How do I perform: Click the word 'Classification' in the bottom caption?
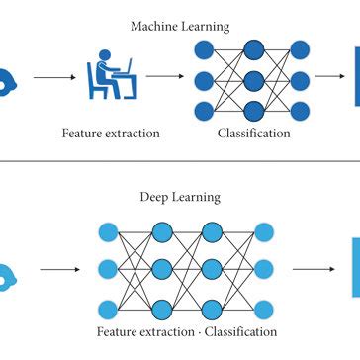click(236, 331)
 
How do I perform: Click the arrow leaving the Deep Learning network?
click(315, 267)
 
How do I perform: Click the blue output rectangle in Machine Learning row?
click(355, 76)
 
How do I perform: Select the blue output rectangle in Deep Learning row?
click(355, 267)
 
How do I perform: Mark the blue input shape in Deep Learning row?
click(6, 268)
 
